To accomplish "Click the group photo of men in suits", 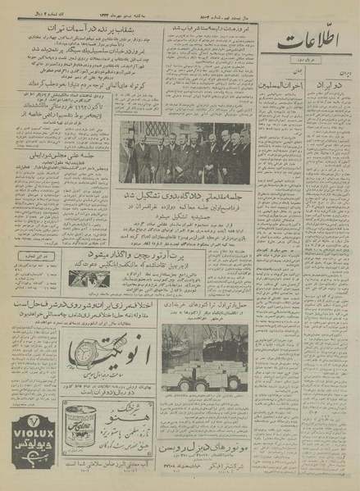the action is click(x=186, y=152).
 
